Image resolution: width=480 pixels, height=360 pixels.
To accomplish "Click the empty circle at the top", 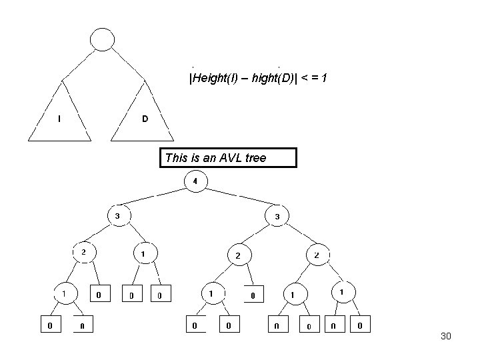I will tap(103, 39).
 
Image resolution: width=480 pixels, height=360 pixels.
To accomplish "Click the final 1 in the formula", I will tap(323, 79).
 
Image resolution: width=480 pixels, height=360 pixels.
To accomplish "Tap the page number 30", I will tap(446, 336).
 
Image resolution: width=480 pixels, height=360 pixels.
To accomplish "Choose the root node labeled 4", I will tap(195, 181).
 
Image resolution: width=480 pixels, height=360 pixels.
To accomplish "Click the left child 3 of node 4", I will tap(118, 215).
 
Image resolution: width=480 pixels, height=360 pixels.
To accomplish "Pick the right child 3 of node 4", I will tap(277, 216).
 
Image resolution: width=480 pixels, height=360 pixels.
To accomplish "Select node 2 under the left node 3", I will tap(83, 252).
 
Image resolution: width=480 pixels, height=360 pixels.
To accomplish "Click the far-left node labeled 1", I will tap(64, 292).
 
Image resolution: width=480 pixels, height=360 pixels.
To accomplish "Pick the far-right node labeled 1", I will tap(342, 292).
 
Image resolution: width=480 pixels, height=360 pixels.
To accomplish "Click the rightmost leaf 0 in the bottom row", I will tap(360, 325).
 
